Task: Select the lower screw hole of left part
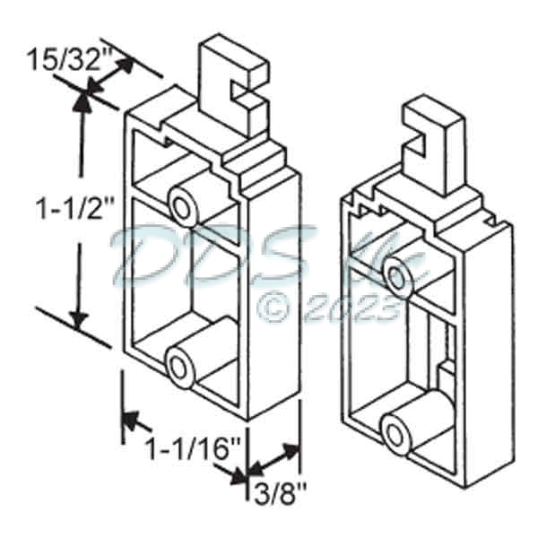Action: (x=181, y=368)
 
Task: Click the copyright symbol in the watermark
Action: (x=273, y=308)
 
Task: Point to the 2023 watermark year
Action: (x=350, y=309)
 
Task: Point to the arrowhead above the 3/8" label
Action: (x=289, y=451)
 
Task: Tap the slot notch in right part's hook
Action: (x=420, y=139)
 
